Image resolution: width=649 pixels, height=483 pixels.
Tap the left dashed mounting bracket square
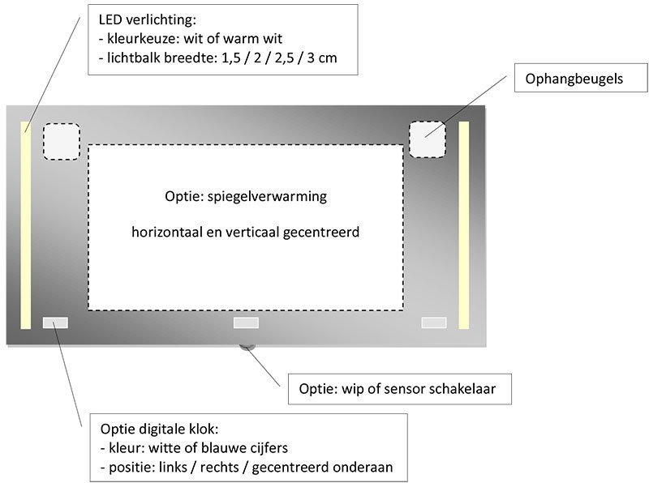point(61,141)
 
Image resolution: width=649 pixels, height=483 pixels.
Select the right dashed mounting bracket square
point(428,139)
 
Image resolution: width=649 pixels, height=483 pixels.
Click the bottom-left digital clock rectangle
point(55,323)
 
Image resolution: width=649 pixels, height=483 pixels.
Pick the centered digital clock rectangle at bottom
point(246,323)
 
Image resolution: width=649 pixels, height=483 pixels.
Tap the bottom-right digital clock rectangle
point(434,323)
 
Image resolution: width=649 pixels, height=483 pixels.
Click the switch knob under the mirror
point(247,348)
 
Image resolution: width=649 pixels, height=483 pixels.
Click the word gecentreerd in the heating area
point(321,233)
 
